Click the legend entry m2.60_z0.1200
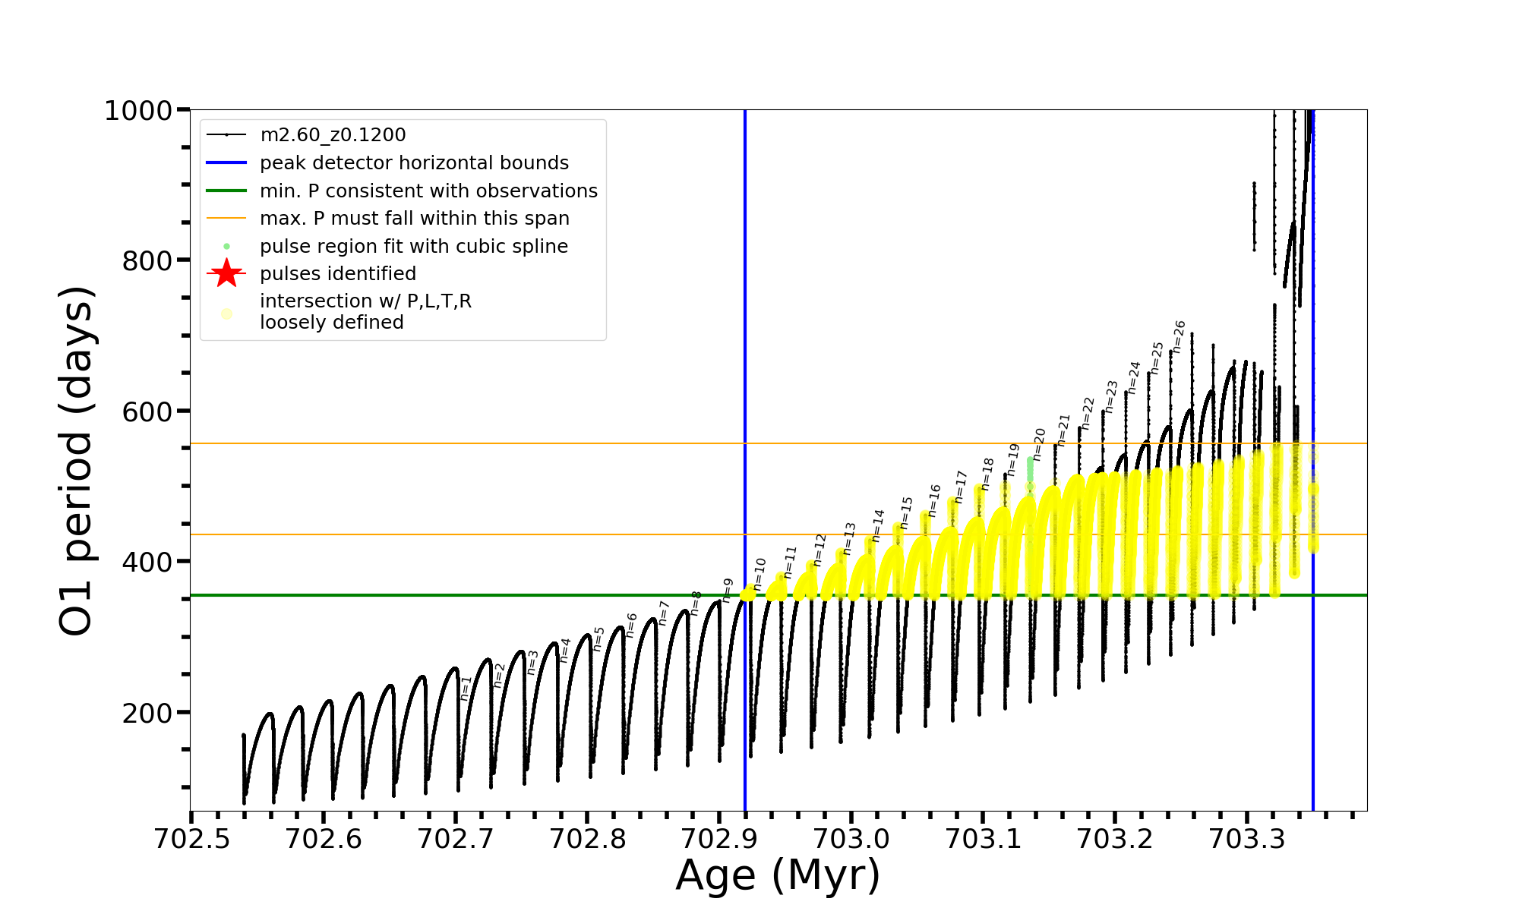click(333, 135)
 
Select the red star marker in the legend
click(226, 273)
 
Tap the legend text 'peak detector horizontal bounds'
click(414, 163)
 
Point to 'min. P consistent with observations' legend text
click(428, 191)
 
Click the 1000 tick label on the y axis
click(138, 111)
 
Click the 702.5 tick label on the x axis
click(191, 839)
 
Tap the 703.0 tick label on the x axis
click(851, 839)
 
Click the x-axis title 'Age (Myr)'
click(778, 875)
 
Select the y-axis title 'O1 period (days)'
click(76, 461)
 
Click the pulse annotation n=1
click(466, 688)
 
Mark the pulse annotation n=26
click(1179, 336)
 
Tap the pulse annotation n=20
click(1039, 444)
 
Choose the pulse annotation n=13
click(849, 538)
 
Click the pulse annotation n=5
click(598, 638)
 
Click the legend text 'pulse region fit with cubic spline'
click(414, 247)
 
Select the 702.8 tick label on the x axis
click(587, 839)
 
